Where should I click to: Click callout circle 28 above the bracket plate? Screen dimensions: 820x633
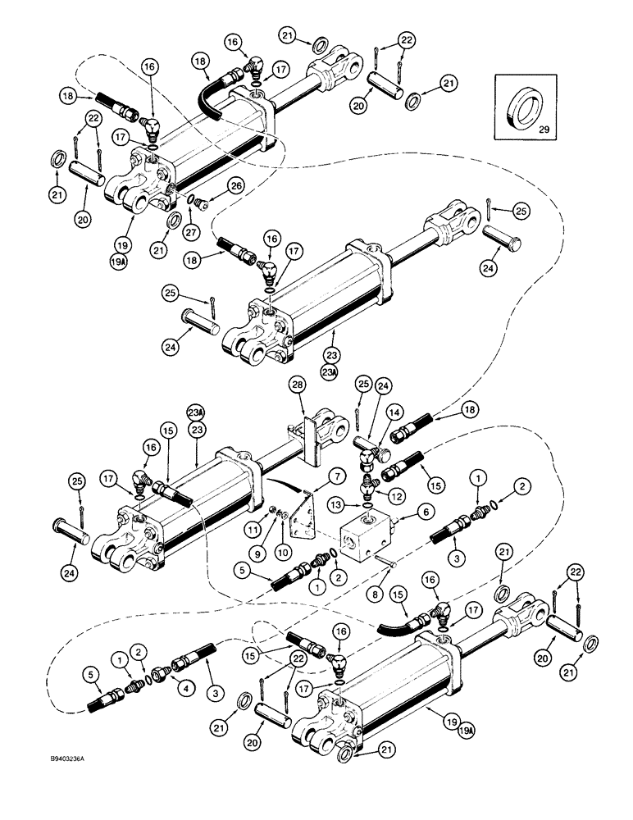coord(296,385)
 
